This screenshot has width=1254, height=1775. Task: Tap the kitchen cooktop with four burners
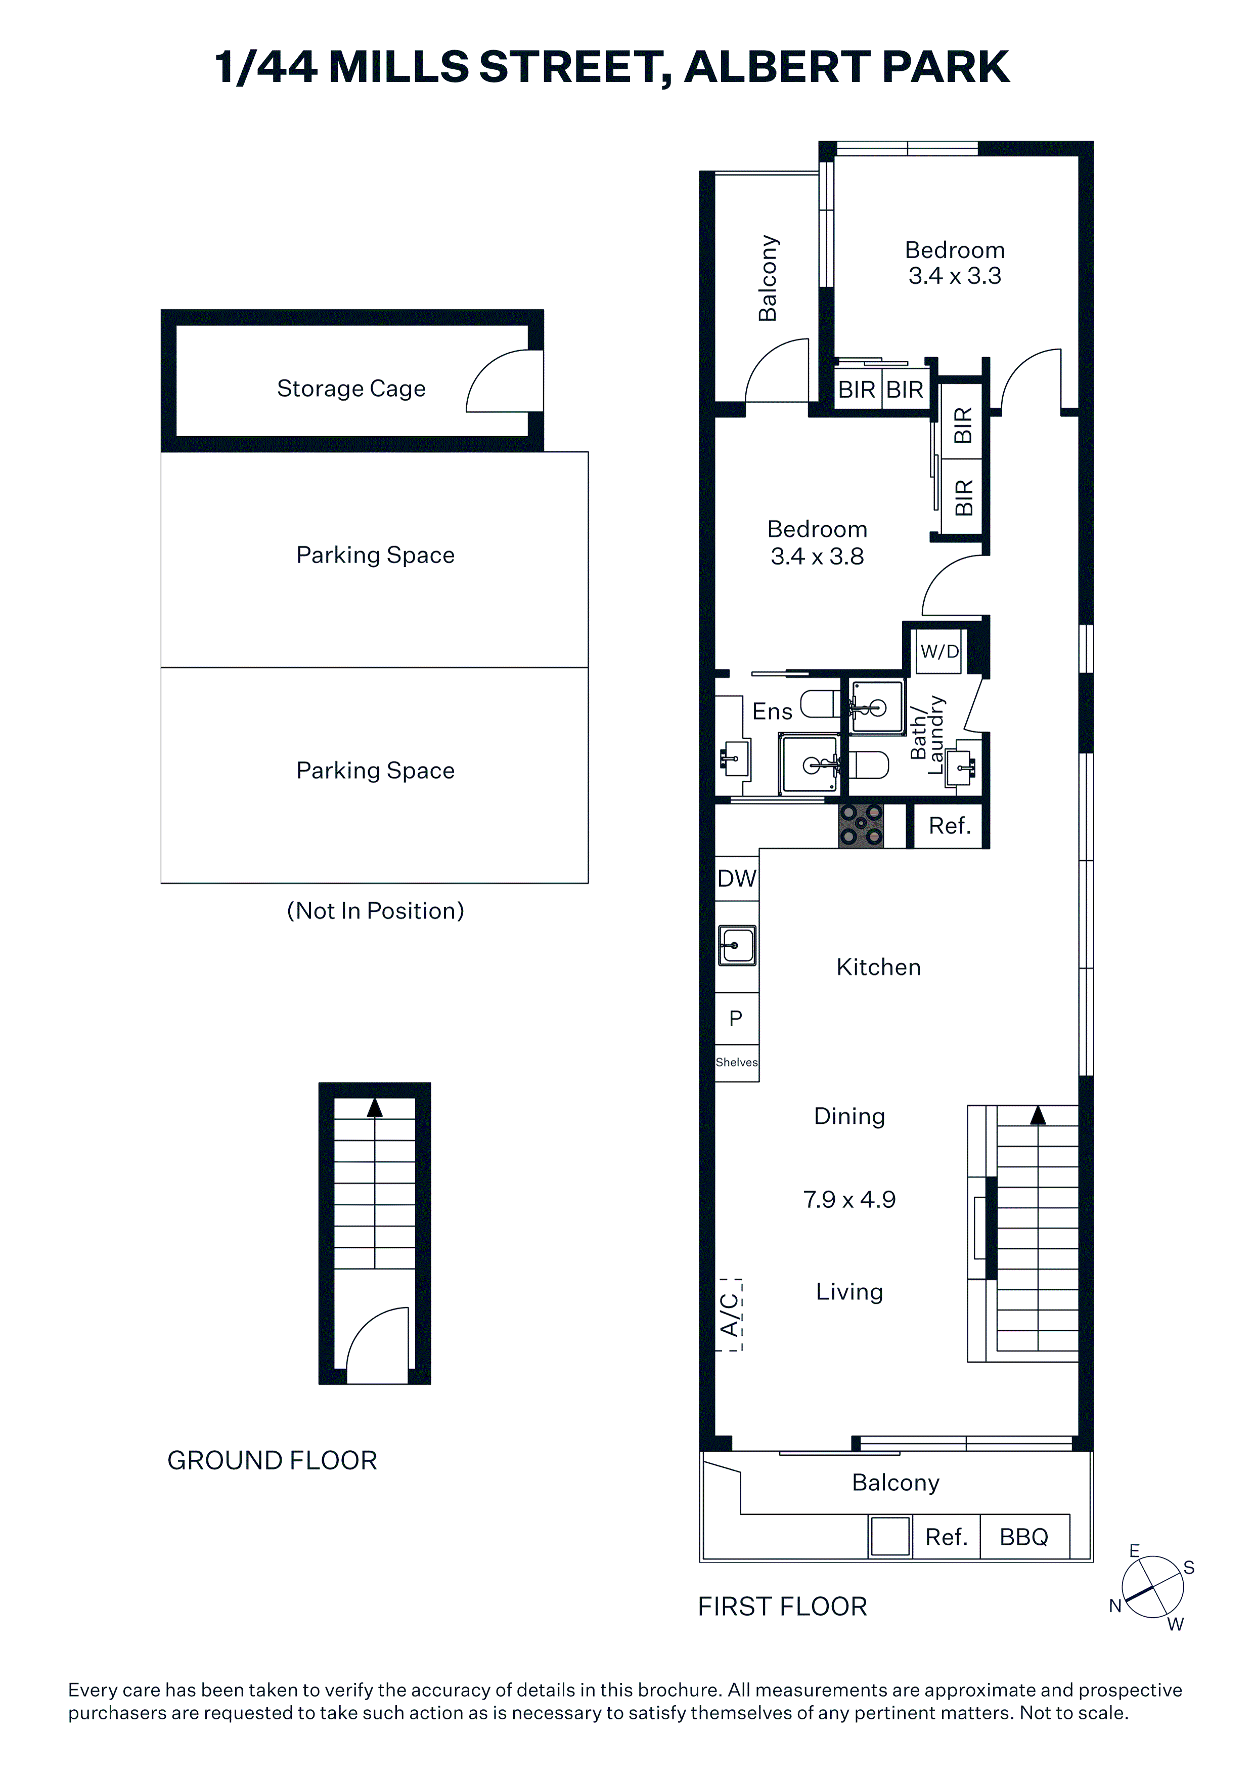(861, 826)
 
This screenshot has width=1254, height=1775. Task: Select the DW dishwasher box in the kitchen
(736, 878)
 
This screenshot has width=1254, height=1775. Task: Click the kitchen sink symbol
(737, 945)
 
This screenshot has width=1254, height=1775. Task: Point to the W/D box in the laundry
(939, 652)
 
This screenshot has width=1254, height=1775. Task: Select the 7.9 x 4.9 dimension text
(849, 1199)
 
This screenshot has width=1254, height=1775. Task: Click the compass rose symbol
(1152, 1586)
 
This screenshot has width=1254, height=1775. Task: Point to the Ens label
(772, 711)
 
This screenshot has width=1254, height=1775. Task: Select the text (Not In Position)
(376, 911)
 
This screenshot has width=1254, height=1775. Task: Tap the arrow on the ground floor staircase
(375, 1107)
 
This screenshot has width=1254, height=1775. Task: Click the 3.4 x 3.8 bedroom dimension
(818, 556)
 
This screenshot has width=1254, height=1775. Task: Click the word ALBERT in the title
(778, 67)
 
